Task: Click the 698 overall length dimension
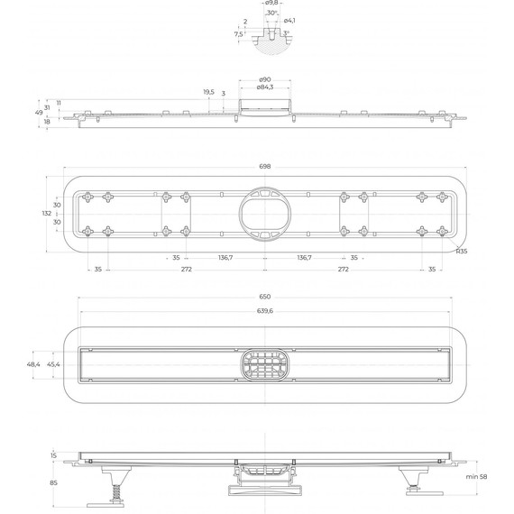pyautogui.click(x=265, y=167)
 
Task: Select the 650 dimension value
pyautogui.click(x=265, y=297)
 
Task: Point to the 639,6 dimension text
pyautogui.click(x=265, y=311)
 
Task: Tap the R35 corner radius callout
pyautogui.click(x=461, y=252)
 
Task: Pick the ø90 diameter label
pyautogui.click(x=264, y=79)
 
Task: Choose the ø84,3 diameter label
pyautogui.click(x=264, y=87)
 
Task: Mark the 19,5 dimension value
pyautogui.click(x=208, y=92)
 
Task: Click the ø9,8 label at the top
pyautogui.click(x=271, y=4)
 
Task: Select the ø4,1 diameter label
pyautogui.click(x=289, y=21)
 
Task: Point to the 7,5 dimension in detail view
pyautogui.click(x=238, y=34)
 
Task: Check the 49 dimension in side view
pyautogui.click(x=40, y=113)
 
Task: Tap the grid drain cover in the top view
pyautogui.click(x=264, y=364)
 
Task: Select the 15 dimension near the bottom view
pyautogui.click(x=54, y=455)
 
